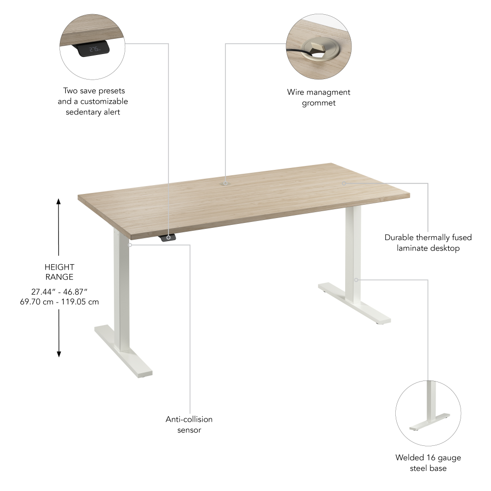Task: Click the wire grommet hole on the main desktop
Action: [225, 183]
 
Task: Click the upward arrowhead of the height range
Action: [58, 201]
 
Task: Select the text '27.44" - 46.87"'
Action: [59, 291]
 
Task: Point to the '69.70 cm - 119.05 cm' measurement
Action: [59, 301]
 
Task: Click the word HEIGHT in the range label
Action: [59, 267]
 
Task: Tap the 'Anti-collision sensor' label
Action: [189, 425]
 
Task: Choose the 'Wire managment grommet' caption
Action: [319, 97]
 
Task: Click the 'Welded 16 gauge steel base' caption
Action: [428, 463]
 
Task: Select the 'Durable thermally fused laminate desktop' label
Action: [428, 243]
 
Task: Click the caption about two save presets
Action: [93, 101]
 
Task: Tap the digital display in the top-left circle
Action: [94, 49]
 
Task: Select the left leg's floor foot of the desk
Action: [123, 351]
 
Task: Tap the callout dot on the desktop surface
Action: [344, 183]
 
